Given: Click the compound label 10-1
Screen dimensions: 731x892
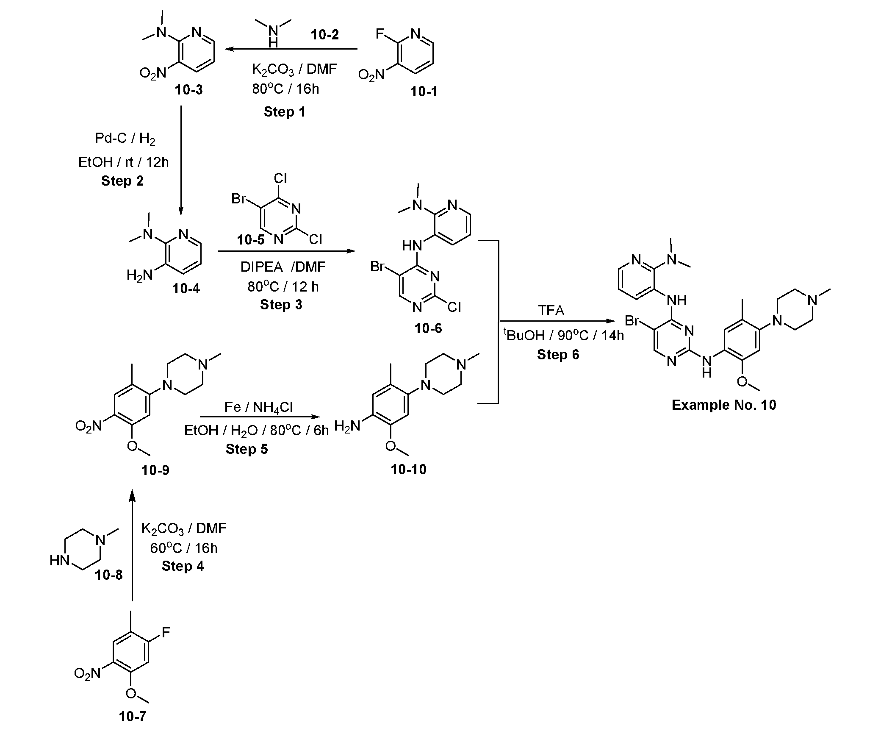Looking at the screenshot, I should tap(424, 92).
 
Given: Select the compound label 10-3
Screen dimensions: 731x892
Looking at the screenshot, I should tap(188, 90).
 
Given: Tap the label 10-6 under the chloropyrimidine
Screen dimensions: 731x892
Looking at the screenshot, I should tap(428, 328).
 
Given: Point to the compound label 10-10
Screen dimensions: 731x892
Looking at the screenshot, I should tap(408, 470).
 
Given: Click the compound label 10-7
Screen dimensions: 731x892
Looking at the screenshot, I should tap(133, 716).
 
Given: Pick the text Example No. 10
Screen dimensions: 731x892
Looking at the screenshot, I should tap(724, 405).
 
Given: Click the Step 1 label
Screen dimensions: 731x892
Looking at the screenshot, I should tap(284, 112).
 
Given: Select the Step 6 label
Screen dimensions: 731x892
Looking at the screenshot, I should tap(558, 354).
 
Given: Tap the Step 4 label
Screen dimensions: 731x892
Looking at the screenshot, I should tap(183, 566).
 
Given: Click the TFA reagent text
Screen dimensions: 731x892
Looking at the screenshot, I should tap(551, 311).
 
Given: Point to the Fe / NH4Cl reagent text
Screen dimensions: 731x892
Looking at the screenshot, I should tap(258, 407).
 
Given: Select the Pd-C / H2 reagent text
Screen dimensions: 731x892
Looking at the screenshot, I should tap(125, 139).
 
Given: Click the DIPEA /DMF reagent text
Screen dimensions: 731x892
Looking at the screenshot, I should tap(283, 267).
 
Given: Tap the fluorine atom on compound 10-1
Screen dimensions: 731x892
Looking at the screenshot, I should tap(380, 34).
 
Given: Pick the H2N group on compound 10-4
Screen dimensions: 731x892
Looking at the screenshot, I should tap(139, 276).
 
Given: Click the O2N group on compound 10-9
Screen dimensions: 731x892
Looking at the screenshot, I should tap(89, 426).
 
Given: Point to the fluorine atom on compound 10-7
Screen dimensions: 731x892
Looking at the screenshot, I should tap(166, 633).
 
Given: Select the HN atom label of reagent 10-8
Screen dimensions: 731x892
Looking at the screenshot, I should tap(59, 561).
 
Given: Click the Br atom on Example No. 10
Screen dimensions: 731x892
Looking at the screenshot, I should tap(632, 321).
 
